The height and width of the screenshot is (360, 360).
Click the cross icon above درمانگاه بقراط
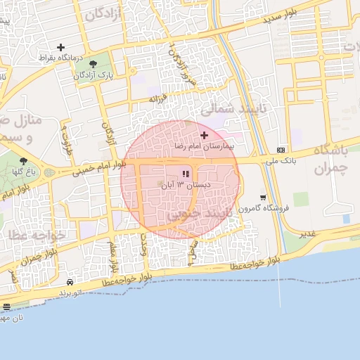coord(60,47)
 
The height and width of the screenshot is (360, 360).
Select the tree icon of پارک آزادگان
coord(94,65)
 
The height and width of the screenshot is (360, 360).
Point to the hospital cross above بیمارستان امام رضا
coord(205,134)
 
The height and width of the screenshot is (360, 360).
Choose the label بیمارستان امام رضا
coord(205,146)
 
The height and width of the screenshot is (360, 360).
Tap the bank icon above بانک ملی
coord(281,150)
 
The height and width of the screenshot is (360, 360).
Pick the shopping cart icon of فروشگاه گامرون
coord(263,198)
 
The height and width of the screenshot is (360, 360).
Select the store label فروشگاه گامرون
coord(263,209)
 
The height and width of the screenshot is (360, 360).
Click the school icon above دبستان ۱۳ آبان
coord(186,174)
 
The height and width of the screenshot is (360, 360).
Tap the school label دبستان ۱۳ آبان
coord(186,185)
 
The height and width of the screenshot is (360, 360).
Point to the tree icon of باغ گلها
coord(23,161)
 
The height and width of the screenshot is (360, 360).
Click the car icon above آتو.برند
coord(70,282)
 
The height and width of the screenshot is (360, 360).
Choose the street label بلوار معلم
coord(112,258)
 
